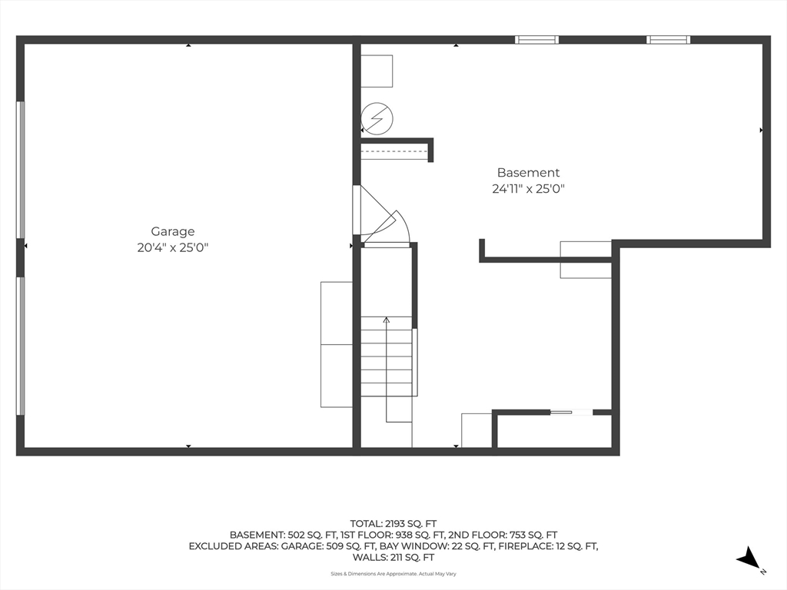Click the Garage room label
[173, 232]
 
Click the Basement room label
[528, 173]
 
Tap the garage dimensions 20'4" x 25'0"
[173, 247]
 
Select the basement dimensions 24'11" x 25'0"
[528, 189]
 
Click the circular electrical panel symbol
[377, 118]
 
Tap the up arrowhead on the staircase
[386, 320]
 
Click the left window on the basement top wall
[536, 40]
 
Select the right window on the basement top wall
[668, 40]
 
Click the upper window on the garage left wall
[21, 170]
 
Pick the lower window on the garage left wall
[21, 346]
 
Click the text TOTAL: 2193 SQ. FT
[393, 524]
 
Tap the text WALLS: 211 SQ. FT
[393, 558]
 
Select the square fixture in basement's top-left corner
[377, 71]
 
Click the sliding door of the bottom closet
[571, 413]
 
